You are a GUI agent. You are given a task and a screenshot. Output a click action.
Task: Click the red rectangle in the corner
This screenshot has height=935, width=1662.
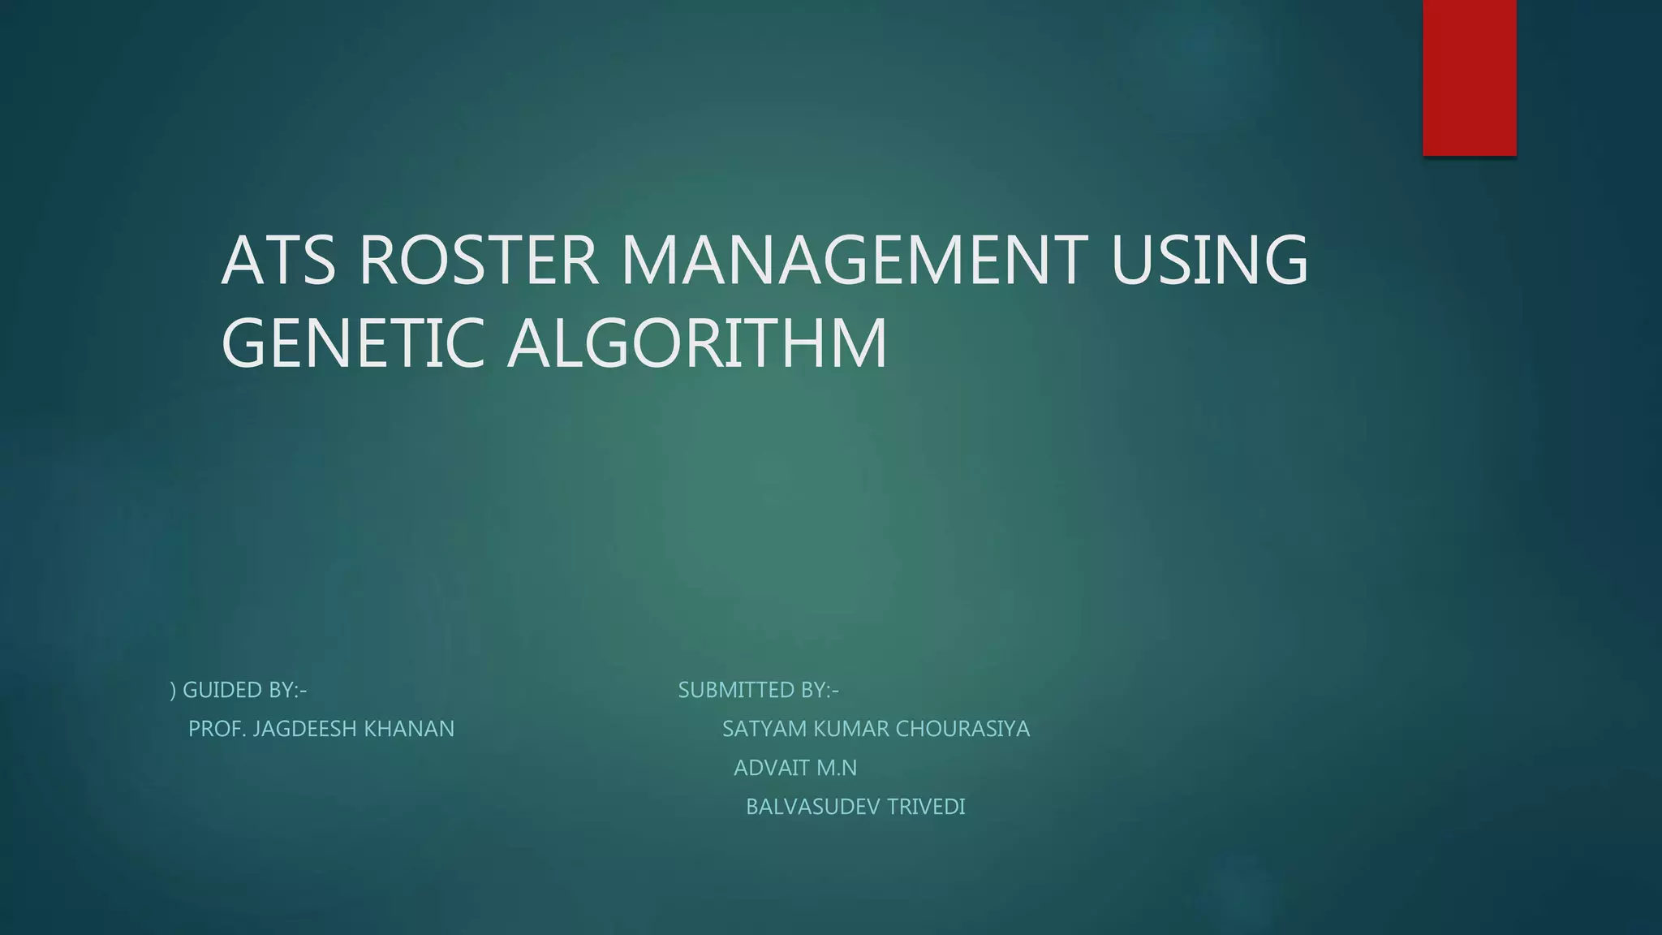pos(1469,77)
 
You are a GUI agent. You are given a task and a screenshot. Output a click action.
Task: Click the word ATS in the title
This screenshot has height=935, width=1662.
pos(278,261)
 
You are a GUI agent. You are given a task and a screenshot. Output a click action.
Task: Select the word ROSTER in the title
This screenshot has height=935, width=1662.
pos(478,261)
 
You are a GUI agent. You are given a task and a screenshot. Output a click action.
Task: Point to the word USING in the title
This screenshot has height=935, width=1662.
pos(1209,261)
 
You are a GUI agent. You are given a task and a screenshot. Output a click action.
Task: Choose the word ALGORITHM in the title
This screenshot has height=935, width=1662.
pos(698,343)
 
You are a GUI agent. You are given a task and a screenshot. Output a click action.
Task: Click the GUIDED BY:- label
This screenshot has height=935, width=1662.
pos(244,690)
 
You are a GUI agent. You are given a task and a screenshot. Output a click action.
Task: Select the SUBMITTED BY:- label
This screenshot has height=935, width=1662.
pos(758,690)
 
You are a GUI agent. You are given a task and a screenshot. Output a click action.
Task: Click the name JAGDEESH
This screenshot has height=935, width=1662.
pos(305,729)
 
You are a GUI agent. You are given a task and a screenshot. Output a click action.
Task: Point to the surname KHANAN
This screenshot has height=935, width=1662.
pos(409,729)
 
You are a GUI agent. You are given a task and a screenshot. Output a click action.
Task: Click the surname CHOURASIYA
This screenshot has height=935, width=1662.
pos(962,729)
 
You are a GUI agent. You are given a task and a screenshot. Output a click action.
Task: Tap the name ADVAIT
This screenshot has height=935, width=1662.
pos(772,768)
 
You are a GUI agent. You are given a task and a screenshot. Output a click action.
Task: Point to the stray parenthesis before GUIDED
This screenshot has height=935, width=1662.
pos(173,691)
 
